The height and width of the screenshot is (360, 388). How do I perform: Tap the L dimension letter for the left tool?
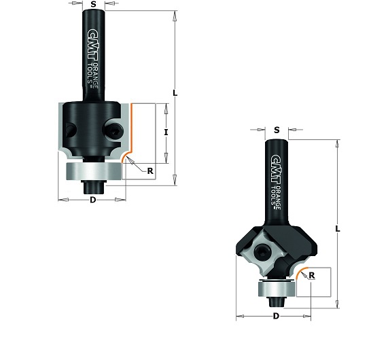click(175, 94)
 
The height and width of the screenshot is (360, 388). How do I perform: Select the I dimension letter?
click(166, 132)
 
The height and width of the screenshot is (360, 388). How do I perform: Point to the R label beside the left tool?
click(150, 171)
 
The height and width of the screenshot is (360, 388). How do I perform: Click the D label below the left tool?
click(92, 200)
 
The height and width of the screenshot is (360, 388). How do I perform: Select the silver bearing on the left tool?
click(92, 169)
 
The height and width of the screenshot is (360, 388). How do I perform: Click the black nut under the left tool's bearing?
click(92, 181)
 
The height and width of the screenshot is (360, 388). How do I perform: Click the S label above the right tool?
click(277, 130)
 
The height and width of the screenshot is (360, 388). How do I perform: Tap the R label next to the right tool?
click(312, 275)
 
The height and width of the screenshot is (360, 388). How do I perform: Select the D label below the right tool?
click(276, 317)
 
